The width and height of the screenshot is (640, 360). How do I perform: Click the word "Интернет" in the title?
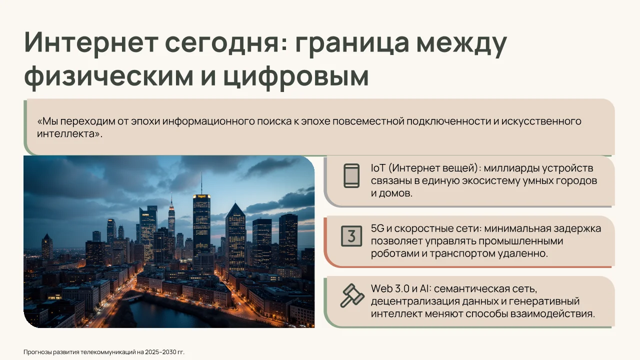click(91, 42)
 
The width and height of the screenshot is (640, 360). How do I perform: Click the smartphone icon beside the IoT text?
click(351, 175)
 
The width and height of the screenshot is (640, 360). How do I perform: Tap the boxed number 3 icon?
click(351, 236)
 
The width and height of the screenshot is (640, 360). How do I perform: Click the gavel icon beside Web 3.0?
click(352, 295)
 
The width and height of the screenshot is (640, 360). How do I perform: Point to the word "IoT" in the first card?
click(378, 168)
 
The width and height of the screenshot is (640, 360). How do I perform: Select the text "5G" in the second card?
click(377, 228)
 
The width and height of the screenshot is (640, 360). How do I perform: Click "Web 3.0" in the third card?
click(390, 288)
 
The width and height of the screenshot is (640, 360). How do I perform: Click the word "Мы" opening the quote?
click(47, 121)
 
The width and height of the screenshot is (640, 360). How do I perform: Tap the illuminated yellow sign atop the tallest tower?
click(201, 196)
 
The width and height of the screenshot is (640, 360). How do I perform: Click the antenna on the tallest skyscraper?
click(201, 183)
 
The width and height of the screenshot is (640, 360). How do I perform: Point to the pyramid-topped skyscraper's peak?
click(235, 204)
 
